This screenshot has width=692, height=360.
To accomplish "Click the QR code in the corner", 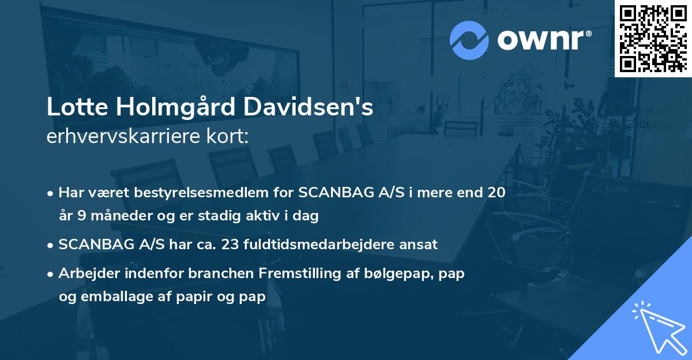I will (x=653, y=38).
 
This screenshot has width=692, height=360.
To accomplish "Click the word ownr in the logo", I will (x=544, y=40).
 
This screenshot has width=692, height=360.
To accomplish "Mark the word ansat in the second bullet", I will (x=419, y=245).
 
